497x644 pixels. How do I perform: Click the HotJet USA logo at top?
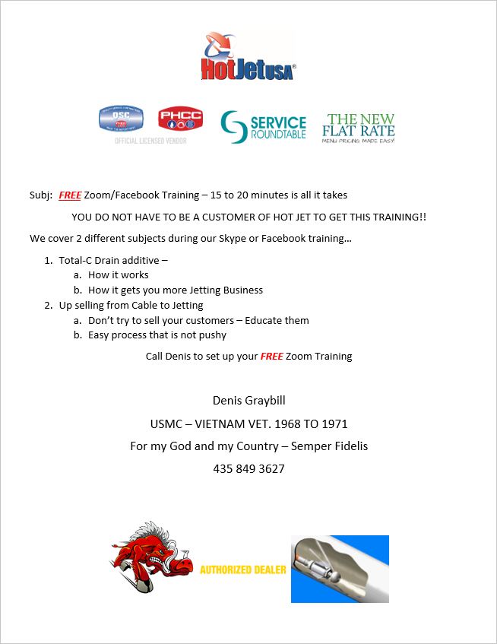(x=248, y=57)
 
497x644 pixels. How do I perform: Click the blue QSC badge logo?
(x=121, y=120)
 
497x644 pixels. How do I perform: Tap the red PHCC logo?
(x=180, y=119)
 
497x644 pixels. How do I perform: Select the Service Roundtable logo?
(x=264, y=125)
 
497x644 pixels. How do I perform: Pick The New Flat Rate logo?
(x=359, y=128)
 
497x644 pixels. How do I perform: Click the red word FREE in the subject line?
(x=70, y=195)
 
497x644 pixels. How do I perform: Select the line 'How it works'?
(x=119, y=275)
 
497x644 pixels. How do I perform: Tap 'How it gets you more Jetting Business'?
(x=176, y=290)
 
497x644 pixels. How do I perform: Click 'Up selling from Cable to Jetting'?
(x=131, y=305)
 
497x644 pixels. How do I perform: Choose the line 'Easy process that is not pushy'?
(x=157, y=335)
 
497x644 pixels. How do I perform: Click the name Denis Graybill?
(x=249, y=400)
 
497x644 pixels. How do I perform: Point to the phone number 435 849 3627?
(x=249, y=468)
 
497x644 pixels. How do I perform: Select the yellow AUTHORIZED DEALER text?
(x=243, y=569)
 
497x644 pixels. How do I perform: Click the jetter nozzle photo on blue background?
(x=340, y=569)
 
